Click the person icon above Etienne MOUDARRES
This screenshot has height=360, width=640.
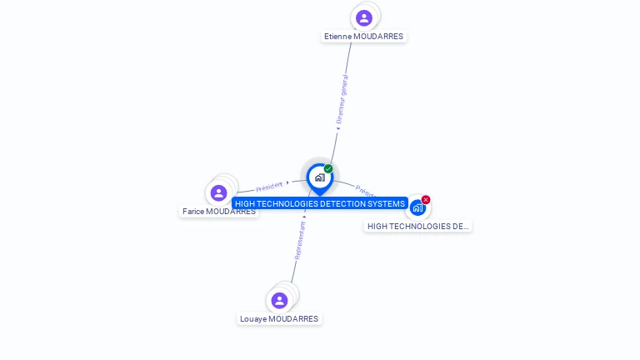(x=364, y=17)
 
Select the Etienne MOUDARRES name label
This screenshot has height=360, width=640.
(x=364, y=37)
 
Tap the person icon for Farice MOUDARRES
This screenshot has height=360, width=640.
(x=219, y=193)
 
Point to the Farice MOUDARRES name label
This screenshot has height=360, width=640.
(x=219, y=212)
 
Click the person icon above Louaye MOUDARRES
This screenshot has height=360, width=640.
(x=280, y=300)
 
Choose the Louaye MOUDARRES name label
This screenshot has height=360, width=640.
(x=279, y=319)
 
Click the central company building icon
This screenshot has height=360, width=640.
(x=319, y=177)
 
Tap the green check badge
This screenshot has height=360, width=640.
(x=328, y=169)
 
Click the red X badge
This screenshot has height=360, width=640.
(x=426, y=200)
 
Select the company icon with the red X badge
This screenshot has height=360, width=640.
(x=417, y=208)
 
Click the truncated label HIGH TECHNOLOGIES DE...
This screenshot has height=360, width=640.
(x=417, y=227)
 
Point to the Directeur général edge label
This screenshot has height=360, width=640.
(x=342, y=99)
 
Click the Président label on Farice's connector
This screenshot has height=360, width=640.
(x=269, y=187)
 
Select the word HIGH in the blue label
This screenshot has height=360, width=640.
(x=246, y=204)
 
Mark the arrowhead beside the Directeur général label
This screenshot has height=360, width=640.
(x=337, y=128)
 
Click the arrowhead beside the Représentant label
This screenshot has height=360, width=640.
(x=304, y=217)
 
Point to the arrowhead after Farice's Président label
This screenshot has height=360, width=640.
(x=287, y=182)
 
